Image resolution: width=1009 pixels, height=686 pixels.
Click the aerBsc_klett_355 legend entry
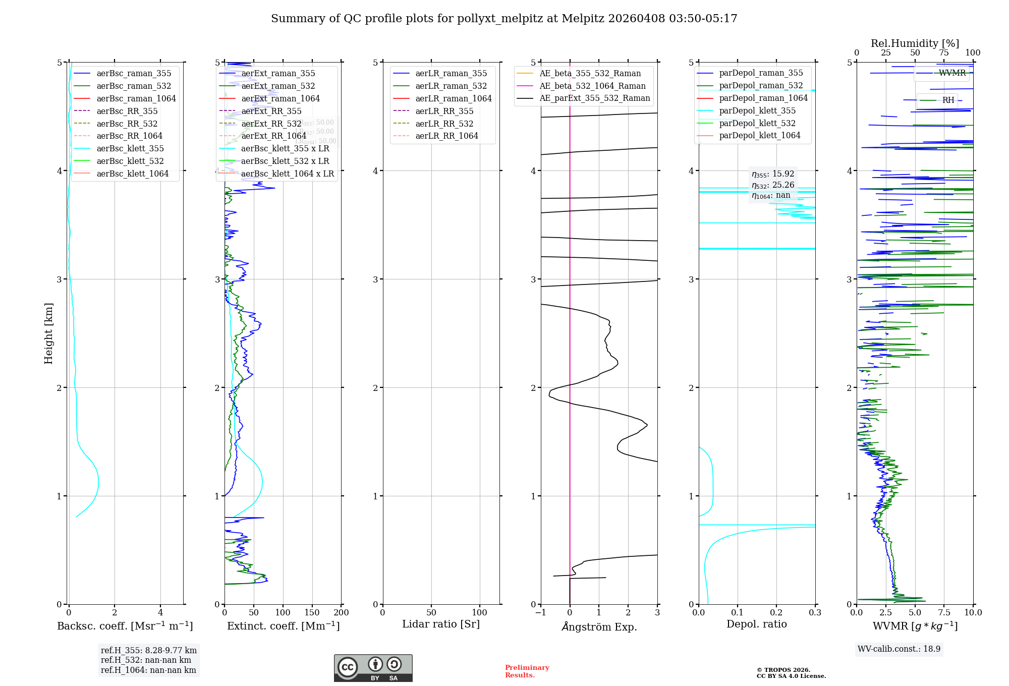point(130,149)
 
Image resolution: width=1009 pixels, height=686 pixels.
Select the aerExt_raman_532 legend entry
point(278,86)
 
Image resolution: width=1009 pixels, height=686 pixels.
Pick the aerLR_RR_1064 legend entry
point(446,136)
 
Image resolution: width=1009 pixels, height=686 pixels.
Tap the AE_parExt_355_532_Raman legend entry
point(594,98)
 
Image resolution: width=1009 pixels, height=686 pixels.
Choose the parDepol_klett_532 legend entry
point(757,124)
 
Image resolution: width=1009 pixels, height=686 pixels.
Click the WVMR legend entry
point(952,73)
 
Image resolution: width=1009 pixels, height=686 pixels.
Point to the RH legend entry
point(948,100)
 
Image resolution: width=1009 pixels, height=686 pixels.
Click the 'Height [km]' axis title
point(48,333)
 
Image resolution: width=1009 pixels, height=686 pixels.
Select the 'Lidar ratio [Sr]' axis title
point(440,624)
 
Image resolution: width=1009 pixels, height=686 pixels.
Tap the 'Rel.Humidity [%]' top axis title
point(915,43)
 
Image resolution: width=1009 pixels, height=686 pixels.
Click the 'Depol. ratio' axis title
point(756,624)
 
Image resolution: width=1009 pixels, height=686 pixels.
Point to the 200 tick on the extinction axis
point(342,613)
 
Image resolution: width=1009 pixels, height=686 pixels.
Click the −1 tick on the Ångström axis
point(540,613)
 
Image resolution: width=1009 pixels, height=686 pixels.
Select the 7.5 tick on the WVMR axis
point(944,613)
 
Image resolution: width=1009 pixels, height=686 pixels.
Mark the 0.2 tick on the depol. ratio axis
point(776,613)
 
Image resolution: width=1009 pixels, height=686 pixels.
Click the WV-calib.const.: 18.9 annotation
point(899,649)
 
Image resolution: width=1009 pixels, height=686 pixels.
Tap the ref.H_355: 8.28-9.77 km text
point(149,651)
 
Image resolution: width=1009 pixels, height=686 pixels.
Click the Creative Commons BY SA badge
point(373,668)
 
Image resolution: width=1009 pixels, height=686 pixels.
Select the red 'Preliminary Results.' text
point(527,671)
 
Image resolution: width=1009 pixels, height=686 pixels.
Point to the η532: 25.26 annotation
point(773,185)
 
